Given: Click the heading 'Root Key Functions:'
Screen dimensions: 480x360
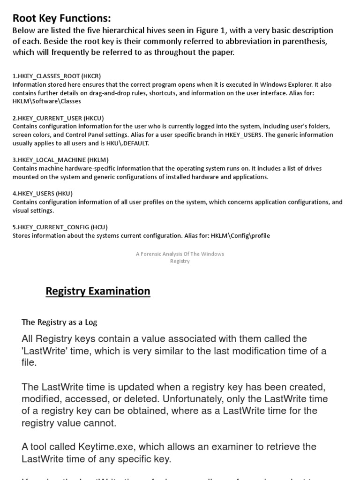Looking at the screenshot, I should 61,18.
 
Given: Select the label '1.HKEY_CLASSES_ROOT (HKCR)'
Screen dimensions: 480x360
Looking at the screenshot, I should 57,76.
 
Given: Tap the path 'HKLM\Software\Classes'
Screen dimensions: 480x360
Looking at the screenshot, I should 47,101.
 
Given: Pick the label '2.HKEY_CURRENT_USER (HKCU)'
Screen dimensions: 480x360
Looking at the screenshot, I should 58,118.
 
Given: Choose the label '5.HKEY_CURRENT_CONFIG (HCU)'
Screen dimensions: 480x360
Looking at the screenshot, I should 60,227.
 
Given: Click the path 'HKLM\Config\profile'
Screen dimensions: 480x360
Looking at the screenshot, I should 240,236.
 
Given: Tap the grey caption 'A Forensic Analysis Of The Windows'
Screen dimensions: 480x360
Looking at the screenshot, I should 180,254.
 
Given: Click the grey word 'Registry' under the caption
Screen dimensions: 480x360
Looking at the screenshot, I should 180,262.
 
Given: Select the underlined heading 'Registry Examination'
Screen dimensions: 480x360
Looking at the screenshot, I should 98,291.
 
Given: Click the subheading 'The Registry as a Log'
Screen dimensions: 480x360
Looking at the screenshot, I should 60,322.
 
